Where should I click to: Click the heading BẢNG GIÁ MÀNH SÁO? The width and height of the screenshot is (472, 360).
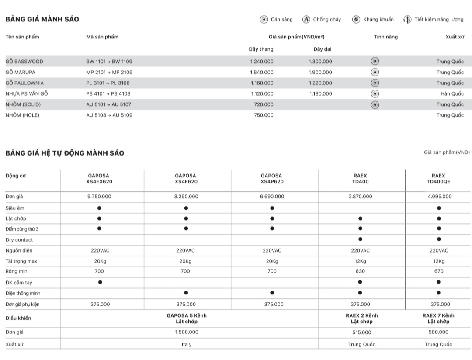tap(42, 20)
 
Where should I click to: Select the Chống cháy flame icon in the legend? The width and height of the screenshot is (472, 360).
tap(306, 20)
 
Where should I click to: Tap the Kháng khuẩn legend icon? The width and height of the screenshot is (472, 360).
tap(356, 20)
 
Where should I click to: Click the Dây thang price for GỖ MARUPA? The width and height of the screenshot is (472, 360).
tap(262, 73)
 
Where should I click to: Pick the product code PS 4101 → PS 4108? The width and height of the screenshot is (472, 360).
tap(108, 94)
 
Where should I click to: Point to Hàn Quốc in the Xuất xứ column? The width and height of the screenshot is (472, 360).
tap(452, 94)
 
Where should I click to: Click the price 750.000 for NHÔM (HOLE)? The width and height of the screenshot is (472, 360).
tap(264, 115)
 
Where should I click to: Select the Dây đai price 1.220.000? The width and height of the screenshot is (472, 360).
tap(320, 83)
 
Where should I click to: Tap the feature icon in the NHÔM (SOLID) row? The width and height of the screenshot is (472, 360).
tap(375, 104)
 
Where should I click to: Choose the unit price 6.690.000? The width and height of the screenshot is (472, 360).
tap(272, 197)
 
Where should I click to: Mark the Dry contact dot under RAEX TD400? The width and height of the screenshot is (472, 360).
tap(360, 239)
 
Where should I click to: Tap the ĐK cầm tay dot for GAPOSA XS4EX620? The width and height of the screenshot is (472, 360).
tap(100, 282)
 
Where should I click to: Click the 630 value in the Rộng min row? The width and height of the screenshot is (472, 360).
tap(360, 272)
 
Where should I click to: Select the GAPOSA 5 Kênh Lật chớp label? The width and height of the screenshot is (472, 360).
tap(186, 318)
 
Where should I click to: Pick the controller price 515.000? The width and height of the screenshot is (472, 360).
tap(360, 332)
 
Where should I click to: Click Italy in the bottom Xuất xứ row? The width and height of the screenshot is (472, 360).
tap(186, 345)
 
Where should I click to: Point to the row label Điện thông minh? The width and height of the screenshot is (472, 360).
tap(23, 294)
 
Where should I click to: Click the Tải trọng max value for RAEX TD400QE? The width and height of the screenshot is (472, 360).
tap(439, 261)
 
